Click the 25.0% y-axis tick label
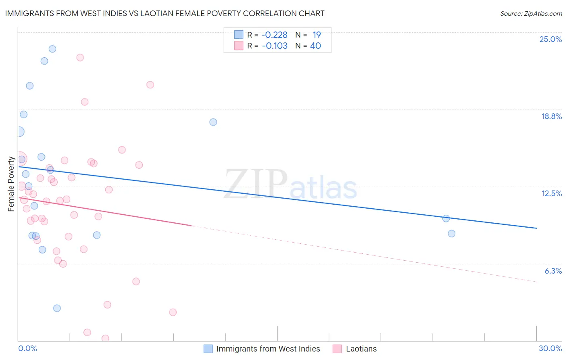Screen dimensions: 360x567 pyautogui.click(x=550, y=39)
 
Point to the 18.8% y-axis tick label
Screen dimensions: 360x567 pyautogui.click(x=551, y=116)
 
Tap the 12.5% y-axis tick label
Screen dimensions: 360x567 pyautogui.click(x=551, y=193)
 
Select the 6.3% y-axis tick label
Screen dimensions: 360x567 pyautogui.click(x=553, y=271)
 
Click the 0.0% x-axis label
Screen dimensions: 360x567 pyautogui.click(x=27, y=348)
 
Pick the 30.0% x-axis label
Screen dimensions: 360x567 pyautogui.click(x=550, y=348)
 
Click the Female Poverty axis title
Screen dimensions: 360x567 pyautogui.click(x=11, y=184)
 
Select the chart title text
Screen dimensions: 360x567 pyautogui.click(x=165, y=13)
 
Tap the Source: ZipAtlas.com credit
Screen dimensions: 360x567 pyautogui.click(x=531, y=13)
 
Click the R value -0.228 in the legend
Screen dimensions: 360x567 pyautogui.click(x=274, y=35)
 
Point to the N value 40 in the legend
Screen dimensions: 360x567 pyautogui.click(x=315, y=46)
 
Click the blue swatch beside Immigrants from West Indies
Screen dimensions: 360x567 pyautogui.click(x=208, y=349)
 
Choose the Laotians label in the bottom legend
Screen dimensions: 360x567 pyautogui.click(x=361, y=349)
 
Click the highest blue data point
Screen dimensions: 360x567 pyautogui.click(x=52, y=49)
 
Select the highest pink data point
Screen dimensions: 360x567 pyautogui.click(x=80, y=58)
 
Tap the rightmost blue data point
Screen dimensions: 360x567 pyautogui.click(x=452, y=234)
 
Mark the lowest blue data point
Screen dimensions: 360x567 pyautogui.click(x=57, y=308)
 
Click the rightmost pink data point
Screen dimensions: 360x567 pyautogui.click(x=173, y=312)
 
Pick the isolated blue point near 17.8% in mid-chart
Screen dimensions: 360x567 pyautogui.click(x=213, y=122)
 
